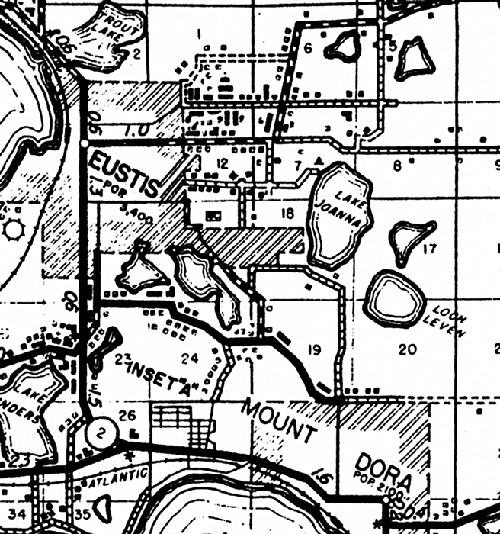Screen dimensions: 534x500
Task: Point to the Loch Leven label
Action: [x=450, y=321]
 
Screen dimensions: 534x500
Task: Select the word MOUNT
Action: [x=278, y=420]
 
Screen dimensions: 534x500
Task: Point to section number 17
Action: [x=429, y=248]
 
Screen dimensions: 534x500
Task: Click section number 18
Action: [x=287, y=214]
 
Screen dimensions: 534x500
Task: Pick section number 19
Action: [x=313, y=350]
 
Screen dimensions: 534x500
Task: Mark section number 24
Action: [x=190, y=356]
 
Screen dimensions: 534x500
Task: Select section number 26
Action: [x=130, y=415]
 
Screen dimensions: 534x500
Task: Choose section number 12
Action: [x=222, y=162]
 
